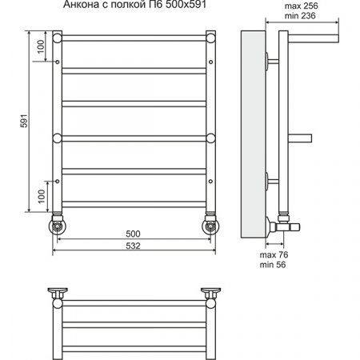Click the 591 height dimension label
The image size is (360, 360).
click(x=24, y=121)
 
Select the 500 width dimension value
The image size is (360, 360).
click(x=133, y=234)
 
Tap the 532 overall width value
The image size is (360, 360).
click(x=133, y=246)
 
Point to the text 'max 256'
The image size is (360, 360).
click(x=301, y=6)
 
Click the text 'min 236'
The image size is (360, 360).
click(x=300, y=16)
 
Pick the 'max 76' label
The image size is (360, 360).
click(x=274, y=254)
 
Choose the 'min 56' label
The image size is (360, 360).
click(x=273, y=265)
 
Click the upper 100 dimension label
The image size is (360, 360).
click(x=41, y=46)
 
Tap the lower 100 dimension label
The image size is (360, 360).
click(x=42, y=196)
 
